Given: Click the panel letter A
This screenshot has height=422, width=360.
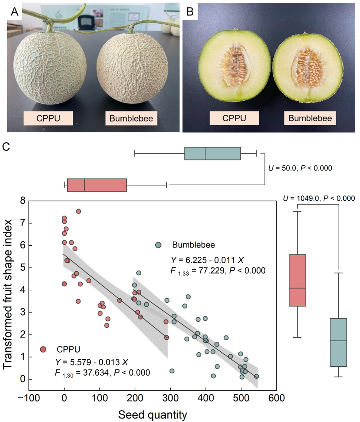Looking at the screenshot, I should [x=15, y=12].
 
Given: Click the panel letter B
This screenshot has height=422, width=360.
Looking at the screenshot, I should [x=190, y=12].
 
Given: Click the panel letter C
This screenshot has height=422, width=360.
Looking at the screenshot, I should [x=6, y=147].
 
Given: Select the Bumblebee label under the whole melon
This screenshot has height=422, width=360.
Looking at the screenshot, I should [x=131, y=118].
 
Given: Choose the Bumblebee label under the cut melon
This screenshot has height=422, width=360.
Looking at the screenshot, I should [x=310, y=118].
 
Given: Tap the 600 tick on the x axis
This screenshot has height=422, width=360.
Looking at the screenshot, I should [x=276, y=397].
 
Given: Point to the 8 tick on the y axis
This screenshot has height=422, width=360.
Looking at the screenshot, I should [x=22, y=201].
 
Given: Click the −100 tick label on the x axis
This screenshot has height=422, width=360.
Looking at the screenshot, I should [x=28, y=397].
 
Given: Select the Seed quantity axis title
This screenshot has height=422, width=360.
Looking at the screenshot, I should [x=152, y=414].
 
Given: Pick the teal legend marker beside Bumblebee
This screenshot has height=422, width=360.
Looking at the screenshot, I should [x=159, y=245].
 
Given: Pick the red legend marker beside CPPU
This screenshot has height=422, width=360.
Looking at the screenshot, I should [x=43, y=349].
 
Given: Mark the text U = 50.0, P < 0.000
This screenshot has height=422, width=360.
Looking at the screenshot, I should [x=300, y=168].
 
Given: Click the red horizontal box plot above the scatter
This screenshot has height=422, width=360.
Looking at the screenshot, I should [x=97, y=185].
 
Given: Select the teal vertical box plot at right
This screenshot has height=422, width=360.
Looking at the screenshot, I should [x=338, y=342].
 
